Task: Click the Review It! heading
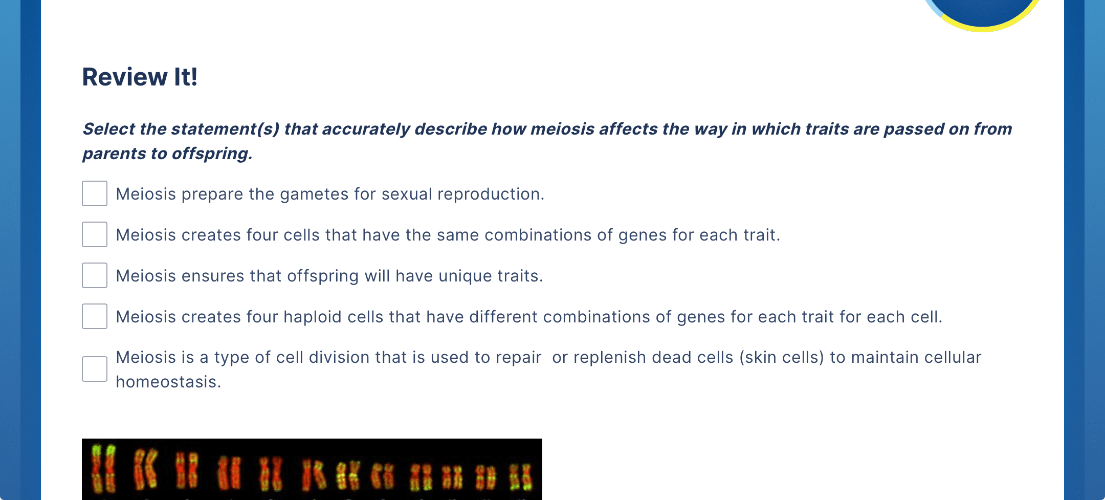coord(140,77)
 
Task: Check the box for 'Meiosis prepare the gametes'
coord(95,193)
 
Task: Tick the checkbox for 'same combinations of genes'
coord(95,234)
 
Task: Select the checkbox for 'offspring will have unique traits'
coord(95,275)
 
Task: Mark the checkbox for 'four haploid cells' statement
coord(95,316)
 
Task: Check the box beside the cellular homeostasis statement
coord(95,369)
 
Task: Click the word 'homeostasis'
coord(168,382)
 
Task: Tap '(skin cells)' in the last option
coord(782,357)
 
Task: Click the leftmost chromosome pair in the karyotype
coord(103,469)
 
